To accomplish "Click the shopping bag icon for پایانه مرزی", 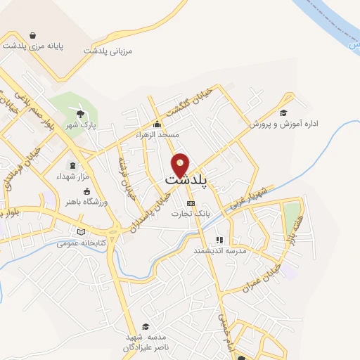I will [x=33, y=34].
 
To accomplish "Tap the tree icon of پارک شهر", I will [x=82, y=113].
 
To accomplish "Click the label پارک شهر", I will [x=81, y=125].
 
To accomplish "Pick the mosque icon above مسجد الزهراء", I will [x=157, y=124].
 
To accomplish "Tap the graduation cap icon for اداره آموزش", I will [x=283, y=112].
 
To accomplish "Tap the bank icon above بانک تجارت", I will [x=190, y=203].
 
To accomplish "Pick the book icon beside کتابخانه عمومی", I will [x=82, y=231].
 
